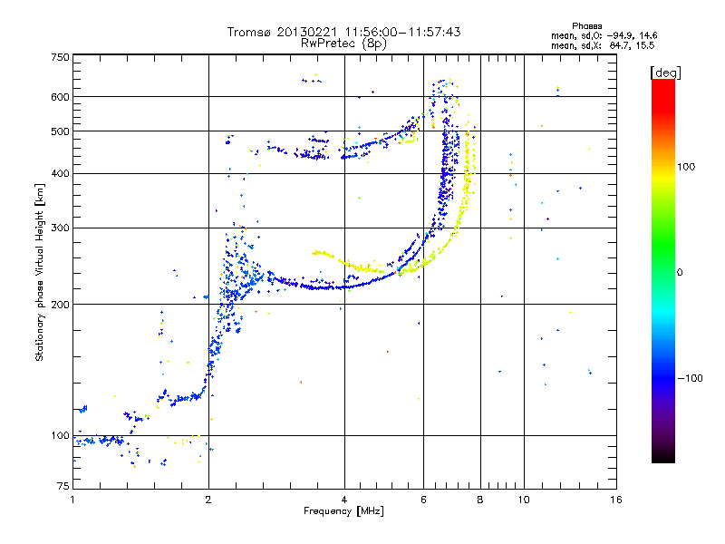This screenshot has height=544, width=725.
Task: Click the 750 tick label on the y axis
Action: click(61, 57)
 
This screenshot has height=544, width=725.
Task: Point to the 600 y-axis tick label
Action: click(61, 96)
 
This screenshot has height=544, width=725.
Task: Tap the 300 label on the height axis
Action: click(61, 228)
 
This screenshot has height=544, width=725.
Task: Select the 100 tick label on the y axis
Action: click(61, 435)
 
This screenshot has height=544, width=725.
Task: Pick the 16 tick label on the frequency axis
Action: click(615, 500)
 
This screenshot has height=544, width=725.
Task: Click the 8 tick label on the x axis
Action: click(480, 500)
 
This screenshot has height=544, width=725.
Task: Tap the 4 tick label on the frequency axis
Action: click(344, 500)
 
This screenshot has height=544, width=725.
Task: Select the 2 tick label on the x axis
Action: click(208, 500)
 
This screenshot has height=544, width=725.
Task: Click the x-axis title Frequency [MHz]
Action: click(343, 511)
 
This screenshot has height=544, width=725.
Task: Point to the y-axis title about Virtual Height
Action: click(40, 273)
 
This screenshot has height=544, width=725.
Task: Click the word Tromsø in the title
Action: click(248, 32)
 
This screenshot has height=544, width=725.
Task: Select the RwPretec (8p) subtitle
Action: click(344, 43)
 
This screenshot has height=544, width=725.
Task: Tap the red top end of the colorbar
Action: click(662, 83)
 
